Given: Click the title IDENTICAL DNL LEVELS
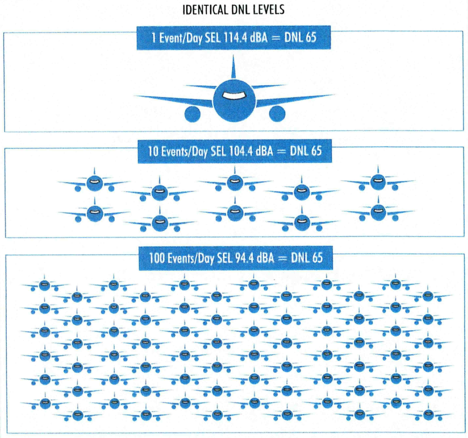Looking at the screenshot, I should (x=233, y=10).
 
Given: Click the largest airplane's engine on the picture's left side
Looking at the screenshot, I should (x=192, y=113).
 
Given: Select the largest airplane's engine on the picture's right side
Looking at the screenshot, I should (x=277, y=113).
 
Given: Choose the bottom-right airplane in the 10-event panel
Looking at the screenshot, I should (x=378, y=212).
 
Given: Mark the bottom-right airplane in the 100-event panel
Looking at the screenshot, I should (x=428, y=415).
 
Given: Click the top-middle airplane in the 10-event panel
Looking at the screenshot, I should (x=234, y=182).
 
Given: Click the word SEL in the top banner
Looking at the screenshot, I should (x=213, y=38).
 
